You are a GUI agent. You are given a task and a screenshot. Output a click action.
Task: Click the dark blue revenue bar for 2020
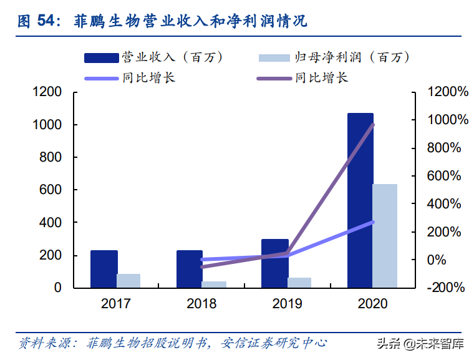coord(360,200)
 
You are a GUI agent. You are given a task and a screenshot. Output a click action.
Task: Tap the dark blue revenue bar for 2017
coord(104,269)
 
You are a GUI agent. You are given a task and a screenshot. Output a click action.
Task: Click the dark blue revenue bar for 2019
coord(275,263)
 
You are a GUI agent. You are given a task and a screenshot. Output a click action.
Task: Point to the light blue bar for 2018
coord(214,285)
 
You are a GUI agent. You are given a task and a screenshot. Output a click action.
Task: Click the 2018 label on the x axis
coord(201,304)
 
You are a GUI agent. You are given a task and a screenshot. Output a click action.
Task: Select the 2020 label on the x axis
coord(372,304)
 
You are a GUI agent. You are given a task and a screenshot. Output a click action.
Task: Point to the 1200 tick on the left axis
coord(47,92)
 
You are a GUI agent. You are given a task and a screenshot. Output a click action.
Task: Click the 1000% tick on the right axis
coord(447,120)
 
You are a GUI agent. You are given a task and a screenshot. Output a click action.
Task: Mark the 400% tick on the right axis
coord(447,204)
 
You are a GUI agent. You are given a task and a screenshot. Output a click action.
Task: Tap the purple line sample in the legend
coord(274,78)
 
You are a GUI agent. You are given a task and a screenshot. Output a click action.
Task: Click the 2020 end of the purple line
coord(372,125)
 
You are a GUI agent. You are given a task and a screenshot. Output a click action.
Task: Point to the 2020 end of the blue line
coord(372,222)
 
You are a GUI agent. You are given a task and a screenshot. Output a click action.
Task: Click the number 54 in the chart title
coord(46,21)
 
